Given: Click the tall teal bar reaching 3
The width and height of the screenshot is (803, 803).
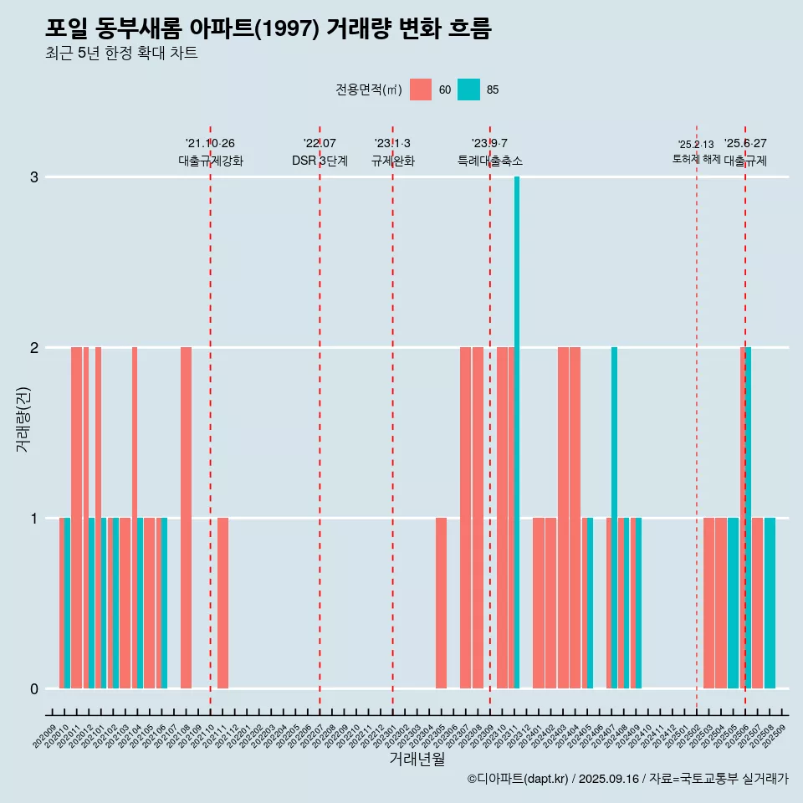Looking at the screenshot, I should click(x=517, y=432).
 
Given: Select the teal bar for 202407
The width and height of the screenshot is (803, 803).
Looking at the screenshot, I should click(x=614, y=518).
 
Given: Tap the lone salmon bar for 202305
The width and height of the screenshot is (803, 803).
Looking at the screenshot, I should click(x=441, y=603).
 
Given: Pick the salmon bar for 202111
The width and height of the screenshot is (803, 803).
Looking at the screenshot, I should click(x=222, y=603).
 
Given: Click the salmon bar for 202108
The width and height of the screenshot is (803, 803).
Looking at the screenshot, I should click(x=186, y=518).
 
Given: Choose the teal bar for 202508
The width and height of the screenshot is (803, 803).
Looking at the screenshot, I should click(x=770, y=603).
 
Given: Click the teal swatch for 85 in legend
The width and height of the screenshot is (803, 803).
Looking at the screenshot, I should click(x=469, y=90).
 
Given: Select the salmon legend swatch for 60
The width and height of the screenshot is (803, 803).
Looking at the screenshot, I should click(x=421, y=90).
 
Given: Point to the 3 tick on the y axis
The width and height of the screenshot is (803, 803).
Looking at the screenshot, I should click(x=34, y=177).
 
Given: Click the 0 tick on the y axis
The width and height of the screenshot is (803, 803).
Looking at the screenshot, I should click(x=34, y=689).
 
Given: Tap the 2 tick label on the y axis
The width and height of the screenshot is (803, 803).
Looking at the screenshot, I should click(x=34, y=348).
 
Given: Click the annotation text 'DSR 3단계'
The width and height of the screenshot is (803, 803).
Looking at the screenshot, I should click(x=320, y=161).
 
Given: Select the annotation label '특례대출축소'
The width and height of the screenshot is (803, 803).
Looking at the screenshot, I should click(x=490, y=161).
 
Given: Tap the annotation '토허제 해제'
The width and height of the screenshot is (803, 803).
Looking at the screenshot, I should click(x=696, y=159).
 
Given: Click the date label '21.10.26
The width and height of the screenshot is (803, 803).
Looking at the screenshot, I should click(x=210, y=144).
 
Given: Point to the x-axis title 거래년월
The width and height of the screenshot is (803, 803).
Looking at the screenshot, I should click(x=417, y=759).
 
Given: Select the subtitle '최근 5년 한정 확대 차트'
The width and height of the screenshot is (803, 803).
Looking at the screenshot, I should click(x=121, y=54).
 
